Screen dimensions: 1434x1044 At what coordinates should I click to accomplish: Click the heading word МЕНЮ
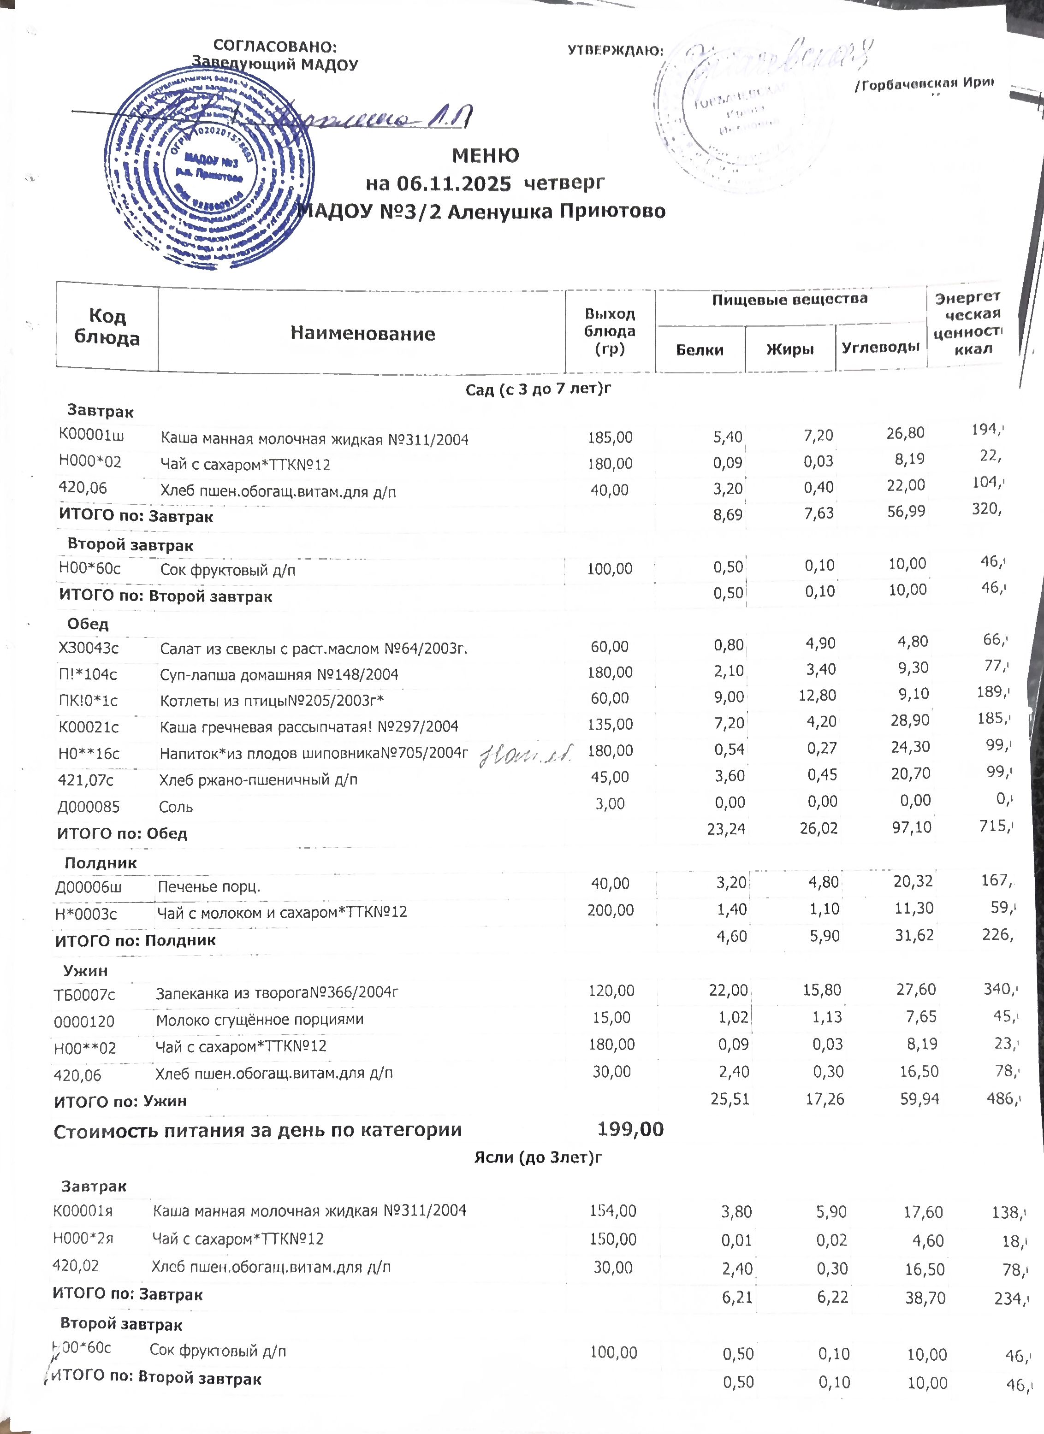coord(486,155)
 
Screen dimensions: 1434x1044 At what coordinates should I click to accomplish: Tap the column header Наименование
coord(362,333)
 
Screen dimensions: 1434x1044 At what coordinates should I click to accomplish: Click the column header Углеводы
coord(880,347)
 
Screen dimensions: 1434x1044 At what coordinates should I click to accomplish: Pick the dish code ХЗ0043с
coord(89,648)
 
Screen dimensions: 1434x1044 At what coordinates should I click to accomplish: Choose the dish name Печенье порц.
coord(209,886)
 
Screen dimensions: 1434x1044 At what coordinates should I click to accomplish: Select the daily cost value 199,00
coord(630,1129)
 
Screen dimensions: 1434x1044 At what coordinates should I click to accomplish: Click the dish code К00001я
coord(82,1211)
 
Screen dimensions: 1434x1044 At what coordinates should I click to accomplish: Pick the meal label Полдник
coord(101,862)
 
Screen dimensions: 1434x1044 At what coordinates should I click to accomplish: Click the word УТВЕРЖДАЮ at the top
coord(615,51)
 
